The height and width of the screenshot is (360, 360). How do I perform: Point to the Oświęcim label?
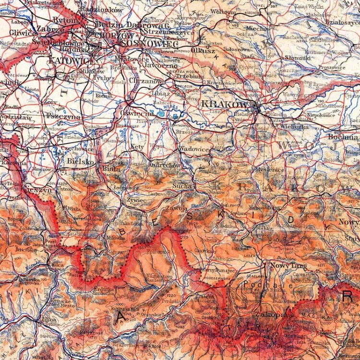coord(137,114)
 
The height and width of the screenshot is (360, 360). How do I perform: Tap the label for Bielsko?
coord(81,162)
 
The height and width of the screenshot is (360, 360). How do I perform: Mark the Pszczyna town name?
coord(63,116)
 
